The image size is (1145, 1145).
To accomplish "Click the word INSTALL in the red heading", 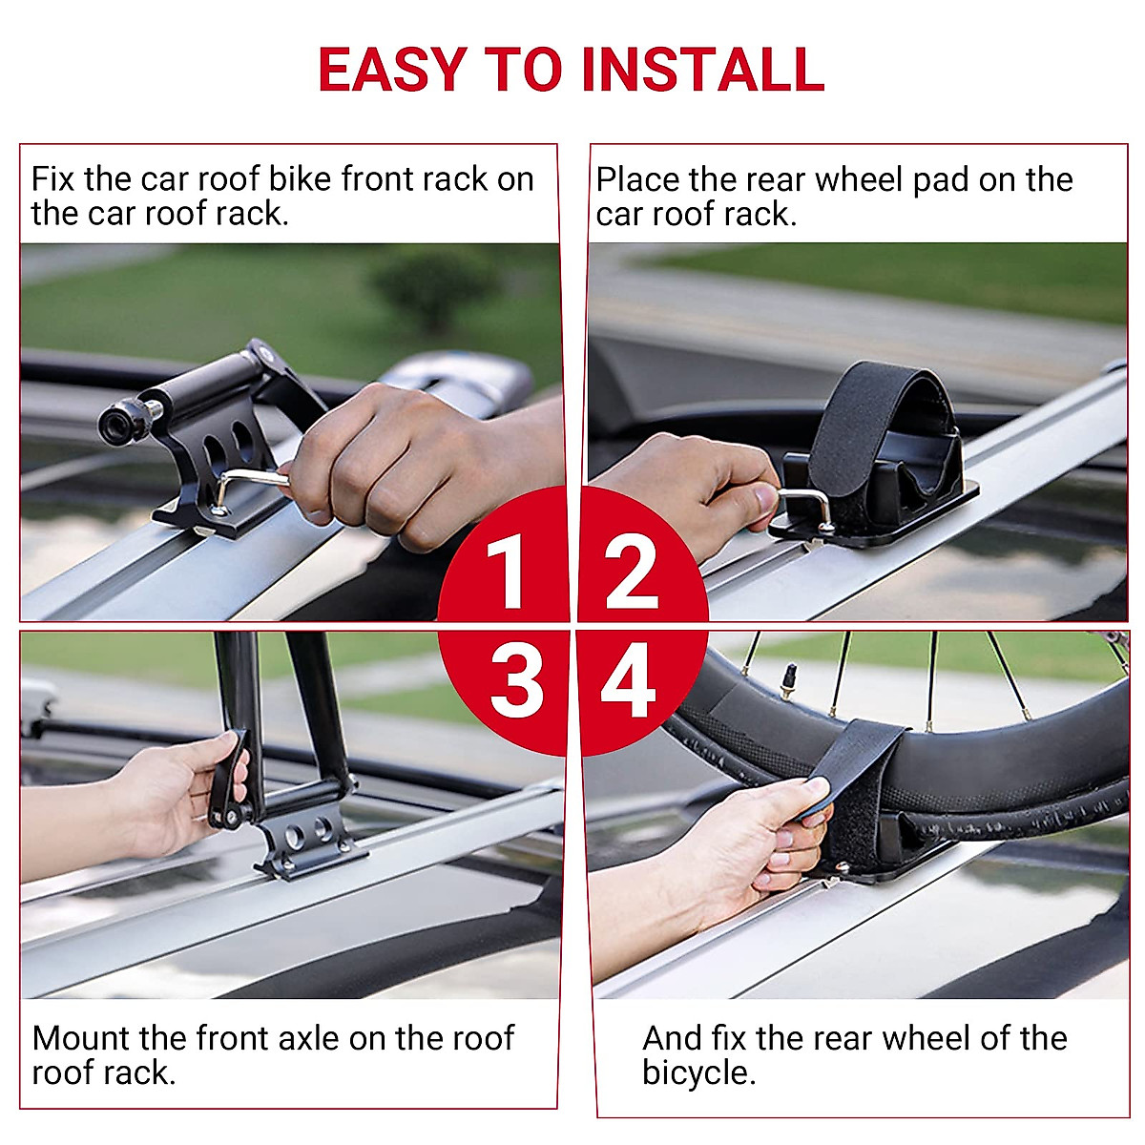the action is (703, 69).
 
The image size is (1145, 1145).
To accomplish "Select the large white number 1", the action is (506, 571).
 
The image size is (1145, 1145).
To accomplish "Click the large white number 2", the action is (631, 571).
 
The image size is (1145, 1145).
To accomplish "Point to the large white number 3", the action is (516, 681).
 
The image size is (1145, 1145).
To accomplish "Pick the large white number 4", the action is (628, 681).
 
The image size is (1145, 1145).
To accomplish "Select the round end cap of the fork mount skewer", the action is (114, 423).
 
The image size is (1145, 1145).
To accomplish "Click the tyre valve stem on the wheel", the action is (788, 679).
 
